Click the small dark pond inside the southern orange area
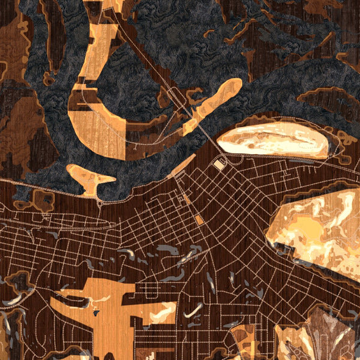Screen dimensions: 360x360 pyautogui.click(x=95, y=311)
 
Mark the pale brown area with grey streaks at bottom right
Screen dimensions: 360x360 pyautogui.click(x=327, y=333)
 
